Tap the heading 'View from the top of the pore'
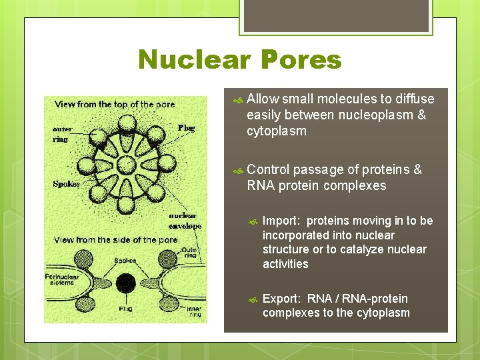(115, 104)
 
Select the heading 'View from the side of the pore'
(116, 239)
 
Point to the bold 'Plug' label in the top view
(187, 127)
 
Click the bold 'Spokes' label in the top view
(67, 183)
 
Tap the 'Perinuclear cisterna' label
(66, 279)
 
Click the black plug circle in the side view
(125, 283)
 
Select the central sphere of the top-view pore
(126, 164)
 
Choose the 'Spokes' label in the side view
(125, 260)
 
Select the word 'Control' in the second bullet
(268, 169)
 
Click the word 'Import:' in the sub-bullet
(281, 221)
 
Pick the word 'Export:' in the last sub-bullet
(281, 299)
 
